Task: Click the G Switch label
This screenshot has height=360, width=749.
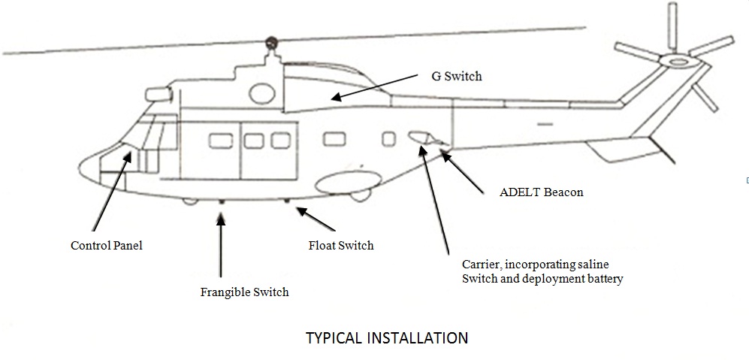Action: pos(457,76)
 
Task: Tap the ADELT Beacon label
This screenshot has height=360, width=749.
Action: pos(541,192)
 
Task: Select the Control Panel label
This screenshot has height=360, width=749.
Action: pos(106,245)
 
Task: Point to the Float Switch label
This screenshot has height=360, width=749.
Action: pos(340,245)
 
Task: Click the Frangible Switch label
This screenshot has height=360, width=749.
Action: pos(244,292)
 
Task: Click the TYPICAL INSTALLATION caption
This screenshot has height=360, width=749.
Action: pos(387,337)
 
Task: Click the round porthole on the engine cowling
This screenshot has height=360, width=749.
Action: pos(260,93)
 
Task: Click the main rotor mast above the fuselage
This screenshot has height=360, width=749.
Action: pos(270,53)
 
